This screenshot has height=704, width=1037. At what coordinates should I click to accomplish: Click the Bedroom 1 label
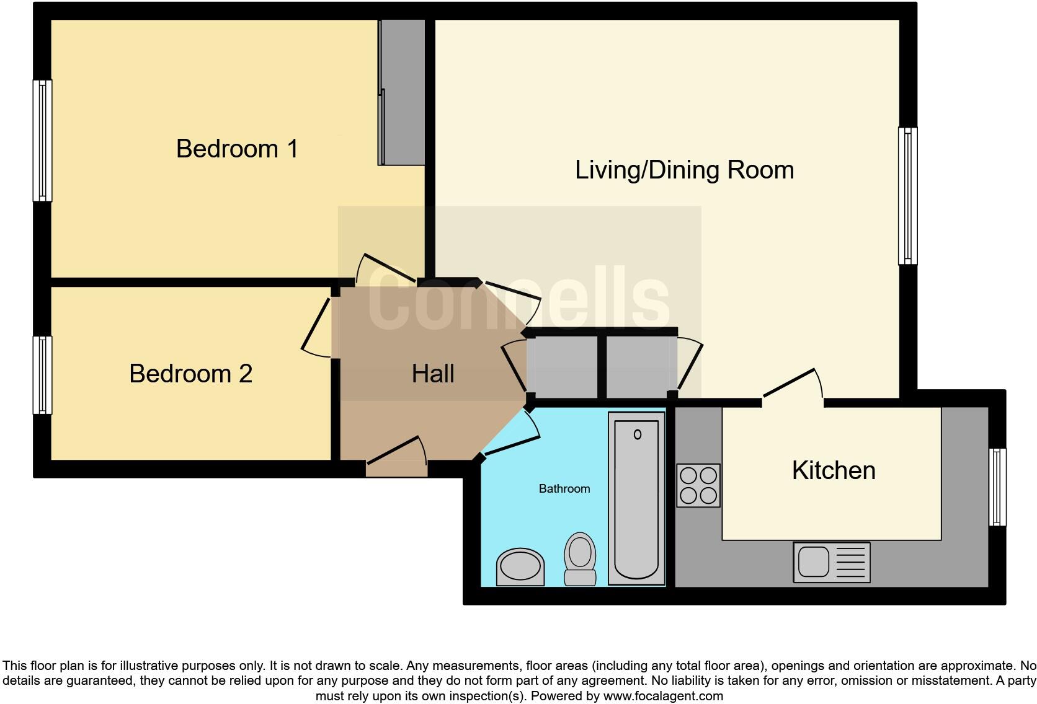237,149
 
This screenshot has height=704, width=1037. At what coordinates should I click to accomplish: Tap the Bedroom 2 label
190,374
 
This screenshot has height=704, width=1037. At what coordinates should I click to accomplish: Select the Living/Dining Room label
684,170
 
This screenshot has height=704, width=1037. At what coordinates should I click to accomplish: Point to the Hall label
433,374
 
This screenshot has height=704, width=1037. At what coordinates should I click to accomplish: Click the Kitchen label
833,470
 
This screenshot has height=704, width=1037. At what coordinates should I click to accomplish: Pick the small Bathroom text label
564,489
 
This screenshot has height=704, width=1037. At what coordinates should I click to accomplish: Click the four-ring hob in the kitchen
698,485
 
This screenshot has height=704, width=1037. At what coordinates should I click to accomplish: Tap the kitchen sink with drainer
831,562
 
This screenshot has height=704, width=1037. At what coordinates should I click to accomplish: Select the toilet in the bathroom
580,559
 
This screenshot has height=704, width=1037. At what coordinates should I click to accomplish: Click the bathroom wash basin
520,566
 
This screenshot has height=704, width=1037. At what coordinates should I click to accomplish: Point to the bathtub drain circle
637,435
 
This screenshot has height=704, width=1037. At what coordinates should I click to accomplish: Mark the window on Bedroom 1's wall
42,141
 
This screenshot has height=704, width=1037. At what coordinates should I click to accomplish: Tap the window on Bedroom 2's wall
42,375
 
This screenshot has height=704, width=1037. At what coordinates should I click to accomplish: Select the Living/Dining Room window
907,196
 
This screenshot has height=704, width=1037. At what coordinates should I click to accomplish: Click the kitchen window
997,487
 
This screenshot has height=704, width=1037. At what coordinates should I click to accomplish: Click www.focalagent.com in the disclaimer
663,696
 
